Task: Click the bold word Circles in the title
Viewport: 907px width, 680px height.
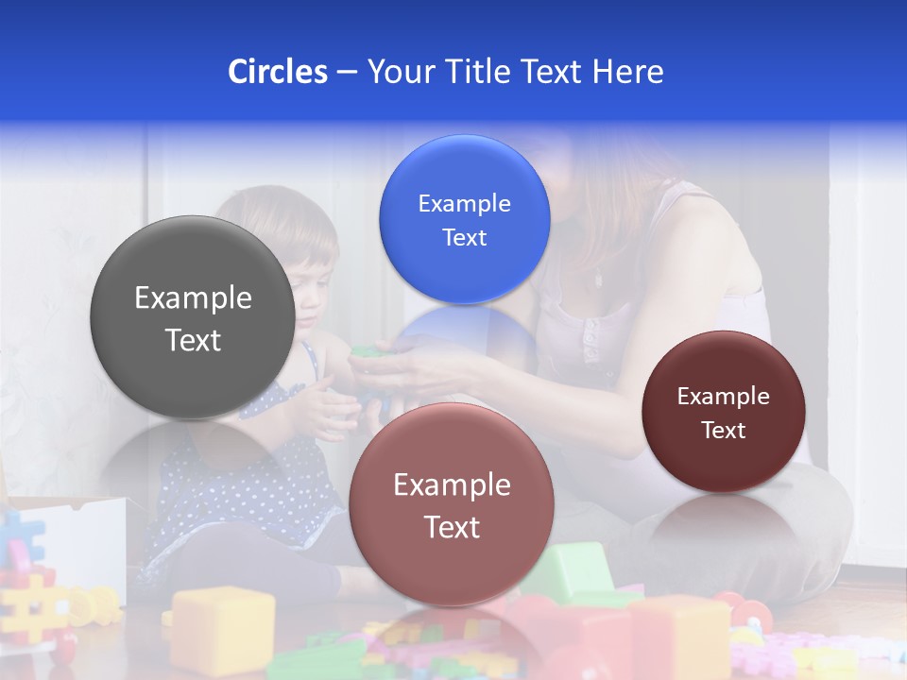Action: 278,72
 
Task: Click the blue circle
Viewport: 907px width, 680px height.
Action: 464,219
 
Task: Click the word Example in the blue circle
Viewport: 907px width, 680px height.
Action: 464,204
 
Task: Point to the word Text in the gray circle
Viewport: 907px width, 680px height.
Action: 193,340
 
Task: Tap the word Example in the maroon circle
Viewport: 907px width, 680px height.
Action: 723,397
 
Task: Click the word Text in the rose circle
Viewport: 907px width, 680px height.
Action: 452,527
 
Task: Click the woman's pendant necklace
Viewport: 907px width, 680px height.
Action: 598,280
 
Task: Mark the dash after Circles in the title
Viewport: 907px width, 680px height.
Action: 347,73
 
